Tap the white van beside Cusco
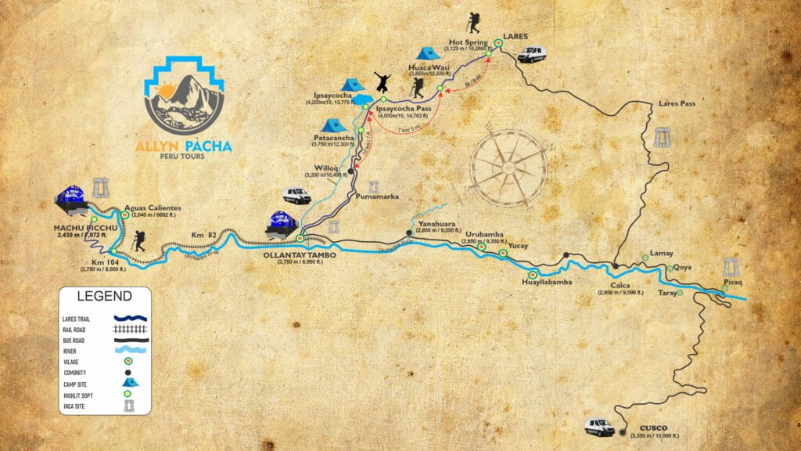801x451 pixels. coord(600,426)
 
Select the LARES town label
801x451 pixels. coord(515,36)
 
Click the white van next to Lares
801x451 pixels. coord(531,54)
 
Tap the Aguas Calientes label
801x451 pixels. coord(153,207)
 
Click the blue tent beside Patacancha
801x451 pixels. coord(334,124)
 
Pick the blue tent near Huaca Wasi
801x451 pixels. coord(426,53)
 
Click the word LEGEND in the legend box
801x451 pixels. coord(104,297)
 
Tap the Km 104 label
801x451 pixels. coord(103,262)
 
